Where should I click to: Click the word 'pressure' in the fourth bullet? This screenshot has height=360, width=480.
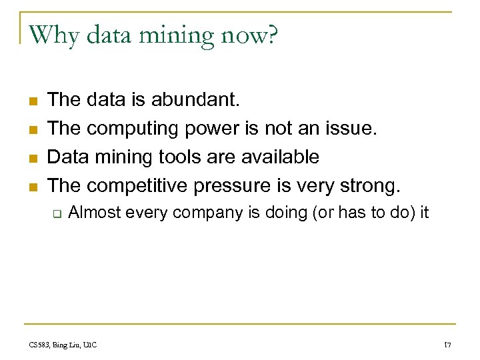pyautogui.click(x=233, y=185)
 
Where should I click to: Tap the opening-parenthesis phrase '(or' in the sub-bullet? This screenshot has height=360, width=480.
pyautogui.click(x=323, y=213)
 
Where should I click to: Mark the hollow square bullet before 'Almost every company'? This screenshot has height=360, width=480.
pyautogui.click(x=57, y=214)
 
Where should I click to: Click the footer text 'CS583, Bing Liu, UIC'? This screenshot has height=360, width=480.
pyautogui.click(x=63, y=345)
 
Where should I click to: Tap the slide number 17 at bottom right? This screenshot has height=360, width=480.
pyautogui.click(x=448, y=345)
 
